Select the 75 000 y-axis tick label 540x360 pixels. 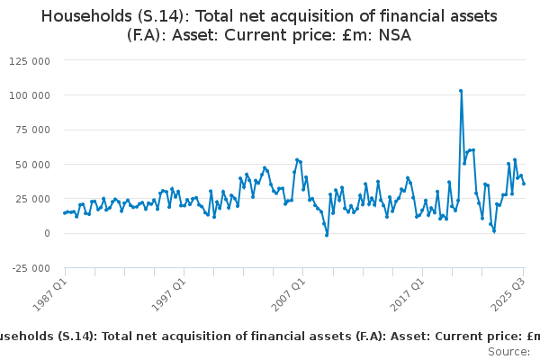click(32, 130)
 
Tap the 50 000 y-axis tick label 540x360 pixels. click(32, 164)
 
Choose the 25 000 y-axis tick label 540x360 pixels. click(32, 199)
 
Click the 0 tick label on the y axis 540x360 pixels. click(47, 233)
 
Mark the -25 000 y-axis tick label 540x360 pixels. click(30, 268)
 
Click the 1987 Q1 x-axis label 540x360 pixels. click(49, 292)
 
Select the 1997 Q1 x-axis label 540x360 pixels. click(168, 292)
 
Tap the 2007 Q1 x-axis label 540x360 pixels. click(288, 292)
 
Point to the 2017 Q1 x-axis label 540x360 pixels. click(408, 292)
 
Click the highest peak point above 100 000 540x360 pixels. click(461, 90)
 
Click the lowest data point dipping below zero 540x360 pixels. click(327, 236)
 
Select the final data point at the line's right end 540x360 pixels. click(524, 184)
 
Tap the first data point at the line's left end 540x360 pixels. click(65, 213)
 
